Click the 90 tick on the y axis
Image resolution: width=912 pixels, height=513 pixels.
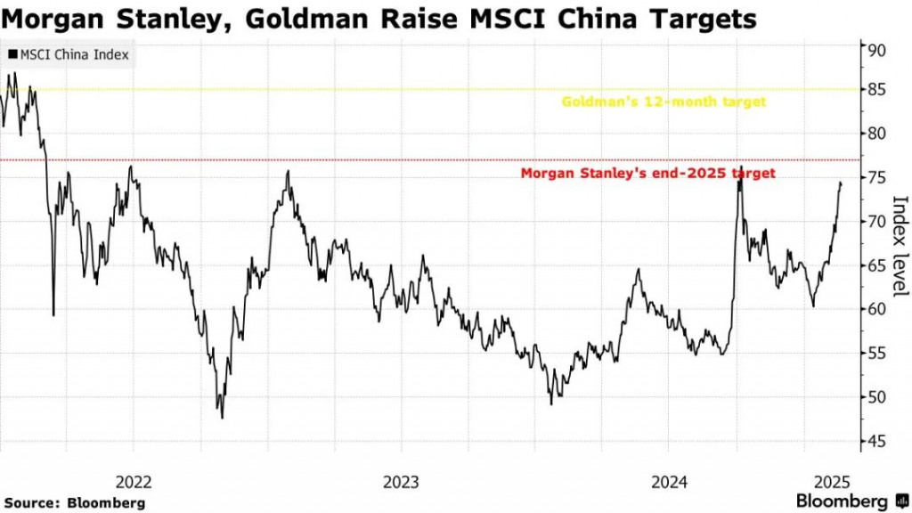pyautogui.click(x=877, y=50)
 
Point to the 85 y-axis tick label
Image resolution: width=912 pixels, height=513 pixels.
pyautogui.click(x=877, y=90)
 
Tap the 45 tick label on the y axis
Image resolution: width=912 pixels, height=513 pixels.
pyautogui.click(x=877, y=442)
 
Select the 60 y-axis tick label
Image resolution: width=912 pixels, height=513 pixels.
pyautogui.click(x=877, y=309)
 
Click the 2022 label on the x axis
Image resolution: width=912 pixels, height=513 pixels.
pyautogui.click(x=134, y=482)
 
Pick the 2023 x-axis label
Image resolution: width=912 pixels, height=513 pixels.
pyautogui.click(x=401, y=482)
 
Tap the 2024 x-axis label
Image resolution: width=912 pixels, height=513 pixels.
pyautogui.click(x=669, y=482)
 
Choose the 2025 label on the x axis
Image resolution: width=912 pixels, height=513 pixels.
pyautogui.click(x=832, y=482)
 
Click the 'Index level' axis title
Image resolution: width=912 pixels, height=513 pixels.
pyautogui.click(x=900, y=246)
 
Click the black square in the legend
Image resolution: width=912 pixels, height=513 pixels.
pyautogui.click(x=12, y=54)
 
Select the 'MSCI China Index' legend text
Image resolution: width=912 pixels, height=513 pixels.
pyautogui.click(x=75, y=54)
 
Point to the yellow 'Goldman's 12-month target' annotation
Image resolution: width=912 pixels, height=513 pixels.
pyautogui.click(x=664, y=102)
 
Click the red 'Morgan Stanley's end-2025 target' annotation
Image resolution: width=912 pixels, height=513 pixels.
pyautogui.click(x=648, y=174)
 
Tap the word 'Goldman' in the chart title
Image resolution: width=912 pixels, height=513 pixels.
pyautogui.click(x=306, y=20)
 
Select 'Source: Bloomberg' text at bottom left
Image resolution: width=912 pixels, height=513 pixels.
pyautogui.click(x=75, y=503)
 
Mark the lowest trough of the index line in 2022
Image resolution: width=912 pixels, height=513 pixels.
pyautogui.click(x=222, y=418)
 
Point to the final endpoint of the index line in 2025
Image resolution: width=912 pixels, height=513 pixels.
pyautogui.click(x=841, y=183)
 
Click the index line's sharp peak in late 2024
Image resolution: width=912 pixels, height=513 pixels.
pyautogui.click(x=741, y=167)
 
